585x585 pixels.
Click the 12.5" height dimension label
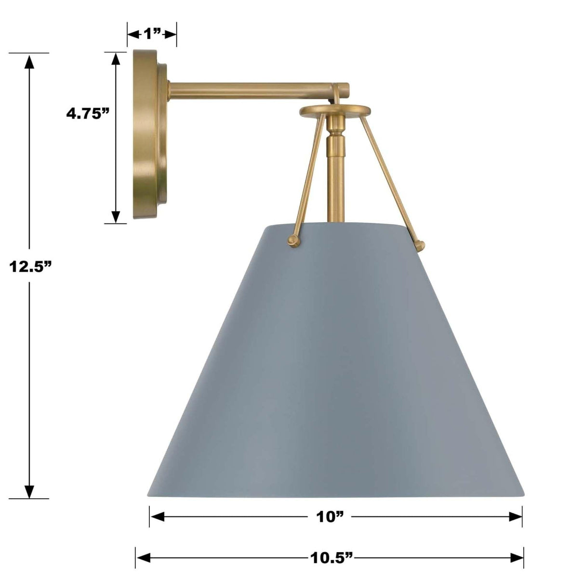[x=30, y=266]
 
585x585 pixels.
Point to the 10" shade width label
[x=330, y=517]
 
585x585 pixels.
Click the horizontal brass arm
[x=251, y=91]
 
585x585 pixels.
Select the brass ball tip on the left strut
[x=292, y=240]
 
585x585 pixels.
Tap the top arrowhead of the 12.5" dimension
[x=30, y=62]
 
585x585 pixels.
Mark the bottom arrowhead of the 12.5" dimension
[x=30, y=491]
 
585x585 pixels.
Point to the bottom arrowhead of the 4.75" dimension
[x=116, y=216]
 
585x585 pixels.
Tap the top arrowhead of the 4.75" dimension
[x=116, y=59]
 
